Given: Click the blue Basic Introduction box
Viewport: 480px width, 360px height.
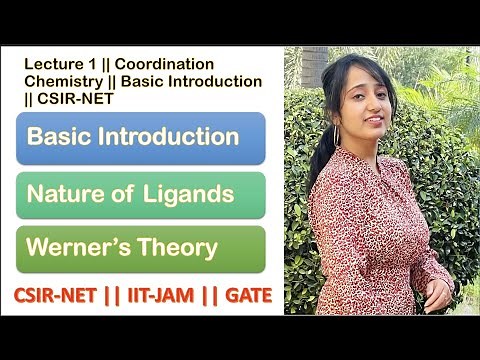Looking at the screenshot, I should point(140,138).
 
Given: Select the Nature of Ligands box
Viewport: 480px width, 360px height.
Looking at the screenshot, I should point(140,194).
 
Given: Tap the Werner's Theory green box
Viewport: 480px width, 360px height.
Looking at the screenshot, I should point(140,248).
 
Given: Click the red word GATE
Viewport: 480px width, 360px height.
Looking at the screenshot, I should point(244,296).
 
